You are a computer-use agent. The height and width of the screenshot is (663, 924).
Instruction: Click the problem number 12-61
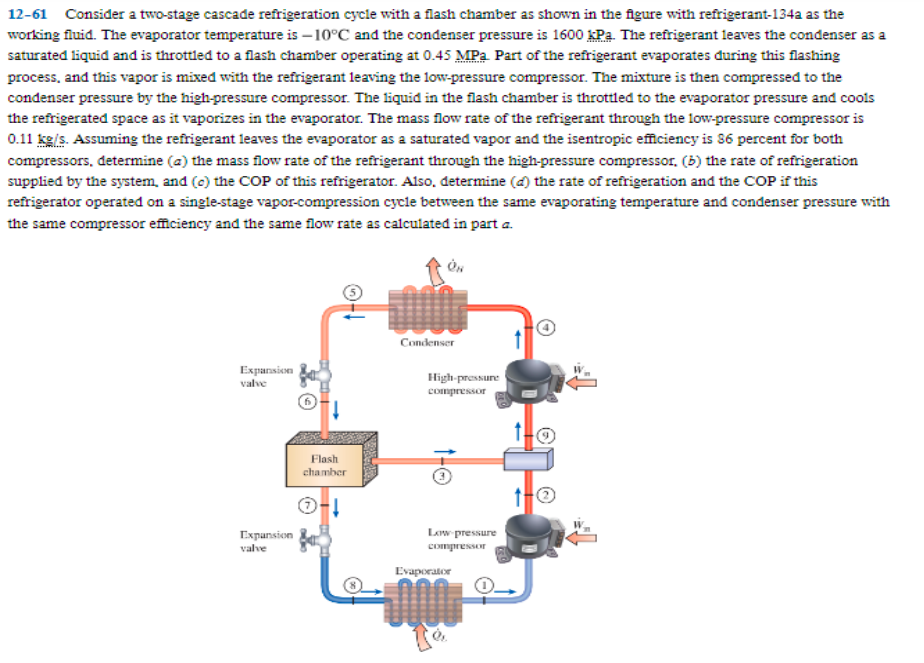[27, 14]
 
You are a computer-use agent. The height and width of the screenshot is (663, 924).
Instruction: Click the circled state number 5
[352, 292]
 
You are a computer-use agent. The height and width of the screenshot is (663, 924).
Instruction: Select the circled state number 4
[548, 328]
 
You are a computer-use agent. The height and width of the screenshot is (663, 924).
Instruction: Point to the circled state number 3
[438, 478]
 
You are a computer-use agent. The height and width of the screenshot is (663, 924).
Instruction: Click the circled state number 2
[547, 496]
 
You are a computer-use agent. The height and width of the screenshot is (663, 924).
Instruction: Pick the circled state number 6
[310, 400]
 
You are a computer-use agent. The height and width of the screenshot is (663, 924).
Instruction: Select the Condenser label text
[428, 342]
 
